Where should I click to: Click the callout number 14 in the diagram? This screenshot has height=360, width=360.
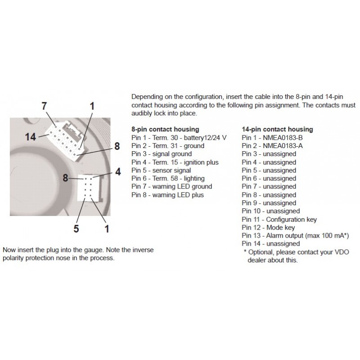[x=31, y=136]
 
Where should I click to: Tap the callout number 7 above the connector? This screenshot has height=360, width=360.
[x=44, y=107]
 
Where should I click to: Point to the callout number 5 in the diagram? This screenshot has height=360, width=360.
[x=77, y=229]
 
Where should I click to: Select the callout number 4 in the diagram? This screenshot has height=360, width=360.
[x=117, y=171]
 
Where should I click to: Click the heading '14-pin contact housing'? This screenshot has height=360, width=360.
[x=277, y=130]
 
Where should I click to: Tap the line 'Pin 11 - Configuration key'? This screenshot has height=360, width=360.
[x=279, y=219]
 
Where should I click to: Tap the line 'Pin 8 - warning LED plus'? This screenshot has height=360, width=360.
[x=167, y=195]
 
